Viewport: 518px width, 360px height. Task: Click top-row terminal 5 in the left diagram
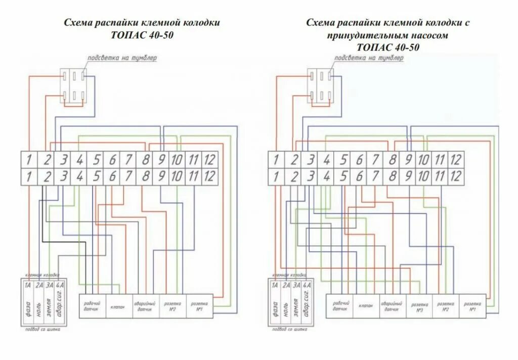[96, 160]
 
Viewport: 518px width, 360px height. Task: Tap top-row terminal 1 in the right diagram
[276, 160]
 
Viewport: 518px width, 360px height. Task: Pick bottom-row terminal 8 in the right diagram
[391, 176]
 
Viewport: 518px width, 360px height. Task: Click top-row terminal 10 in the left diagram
[177, 160]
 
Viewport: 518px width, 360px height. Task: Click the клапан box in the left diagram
[119, 306]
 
